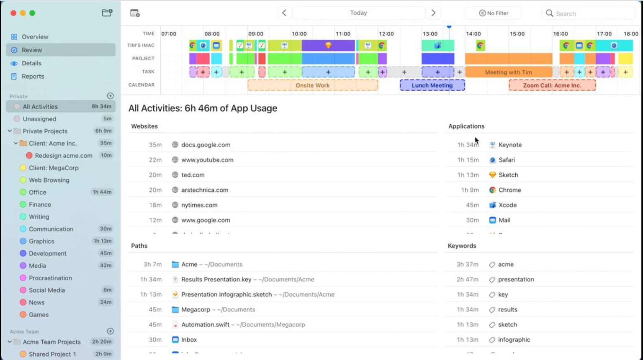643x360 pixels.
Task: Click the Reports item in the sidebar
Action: point(33,76)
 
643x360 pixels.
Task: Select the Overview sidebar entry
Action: point(35,37)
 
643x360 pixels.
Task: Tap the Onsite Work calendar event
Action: point(312,85)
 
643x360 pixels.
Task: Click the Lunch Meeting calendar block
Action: point(432,85)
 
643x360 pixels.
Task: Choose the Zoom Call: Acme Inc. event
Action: point(552,85)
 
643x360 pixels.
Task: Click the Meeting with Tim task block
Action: point(508,72)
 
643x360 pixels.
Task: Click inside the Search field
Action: point(590,13)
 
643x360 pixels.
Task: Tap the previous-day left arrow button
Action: point(284,13)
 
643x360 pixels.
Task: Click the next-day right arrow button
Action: point(433,13)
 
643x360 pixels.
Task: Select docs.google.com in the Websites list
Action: point(206,145)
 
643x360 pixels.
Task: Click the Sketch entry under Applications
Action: point(508,175)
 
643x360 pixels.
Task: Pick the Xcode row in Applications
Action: point(507,205)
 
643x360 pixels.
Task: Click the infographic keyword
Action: point(514,340)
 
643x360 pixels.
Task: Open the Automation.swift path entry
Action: point(205,325)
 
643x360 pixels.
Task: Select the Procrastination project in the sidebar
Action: point(50,278)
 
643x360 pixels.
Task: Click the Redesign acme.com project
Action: point(63,156)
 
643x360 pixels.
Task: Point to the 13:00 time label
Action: point(430,34)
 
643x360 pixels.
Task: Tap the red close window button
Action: point(13,13)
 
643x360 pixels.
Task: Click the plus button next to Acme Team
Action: point(111,331)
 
